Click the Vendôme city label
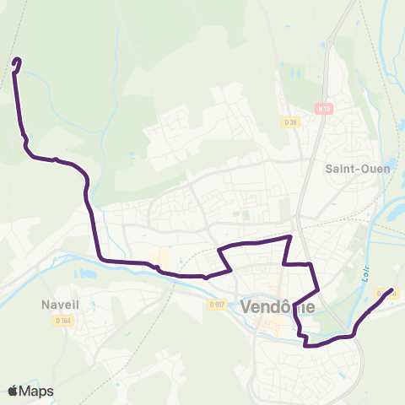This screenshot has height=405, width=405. pyautogui.click(x=278, y=308)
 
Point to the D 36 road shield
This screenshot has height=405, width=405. pyautogui.click(x=291, y=121)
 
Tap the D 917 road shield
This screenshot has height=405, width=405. pyautogui.click(x=217, y=305)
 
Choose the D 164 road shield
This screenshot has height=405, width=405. pyautogui.click(x=63, y=320)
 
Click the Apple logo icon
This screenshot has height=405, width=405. pyautogui.click(x=13, y=391)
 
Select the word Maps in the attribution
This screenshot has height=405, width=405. pyautogui.click(x=36, y=391)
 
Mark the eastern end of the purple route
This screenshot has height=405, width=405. pyautogui.click(x=391, y=290)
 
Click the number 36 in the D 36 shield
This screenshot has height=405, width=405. pyautogui.click(x=294, y=121)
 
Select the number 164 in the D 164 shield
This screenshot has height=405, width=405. pyautogui.click(x=66, y=320)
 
